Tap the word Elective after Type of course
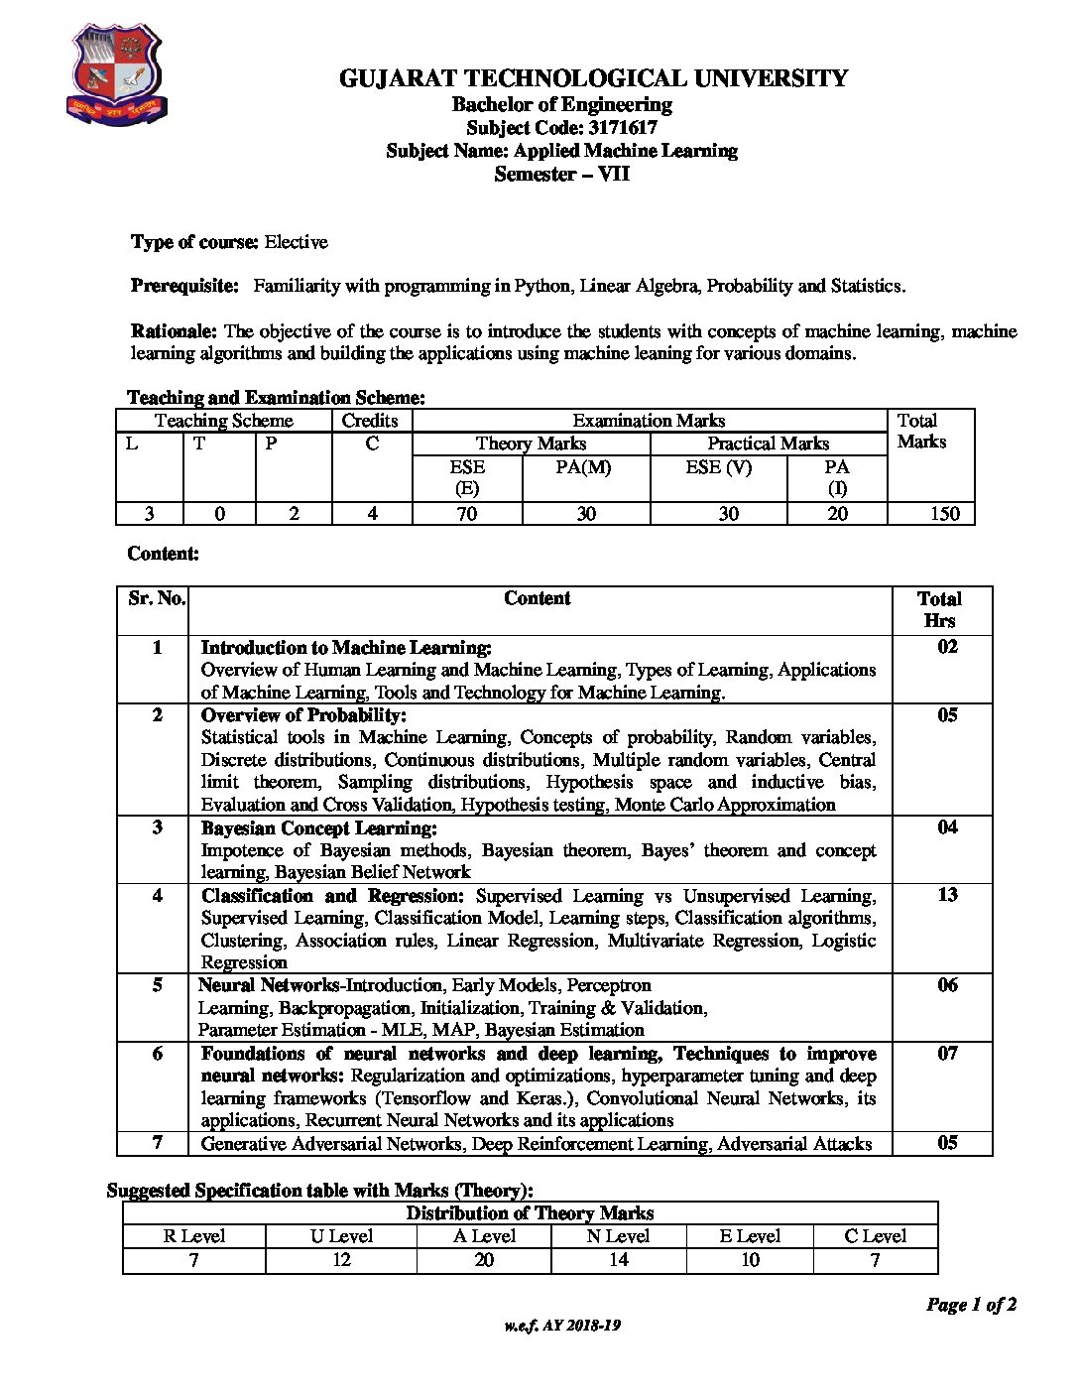point(296,242)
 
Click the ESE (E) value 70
point(466,513)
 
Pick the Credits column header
point(370,421)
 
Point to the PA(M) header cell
point(583,466)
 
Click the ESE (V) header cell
point(718,466)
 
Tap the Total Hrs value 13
point(947,895)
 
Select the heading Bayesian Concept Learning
point(318,827)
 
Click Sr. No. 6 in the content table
point(157,1054)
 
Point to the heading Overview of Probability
point(303,714)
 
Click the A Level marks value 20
point(484,1260)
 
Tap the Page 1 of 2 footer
point(971,1305)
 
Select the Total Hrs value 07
point(947,1054)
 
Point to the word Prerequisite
point(184,286)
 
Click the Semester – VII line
point(561,175)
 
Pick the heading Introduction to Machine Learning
point(346,648)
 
